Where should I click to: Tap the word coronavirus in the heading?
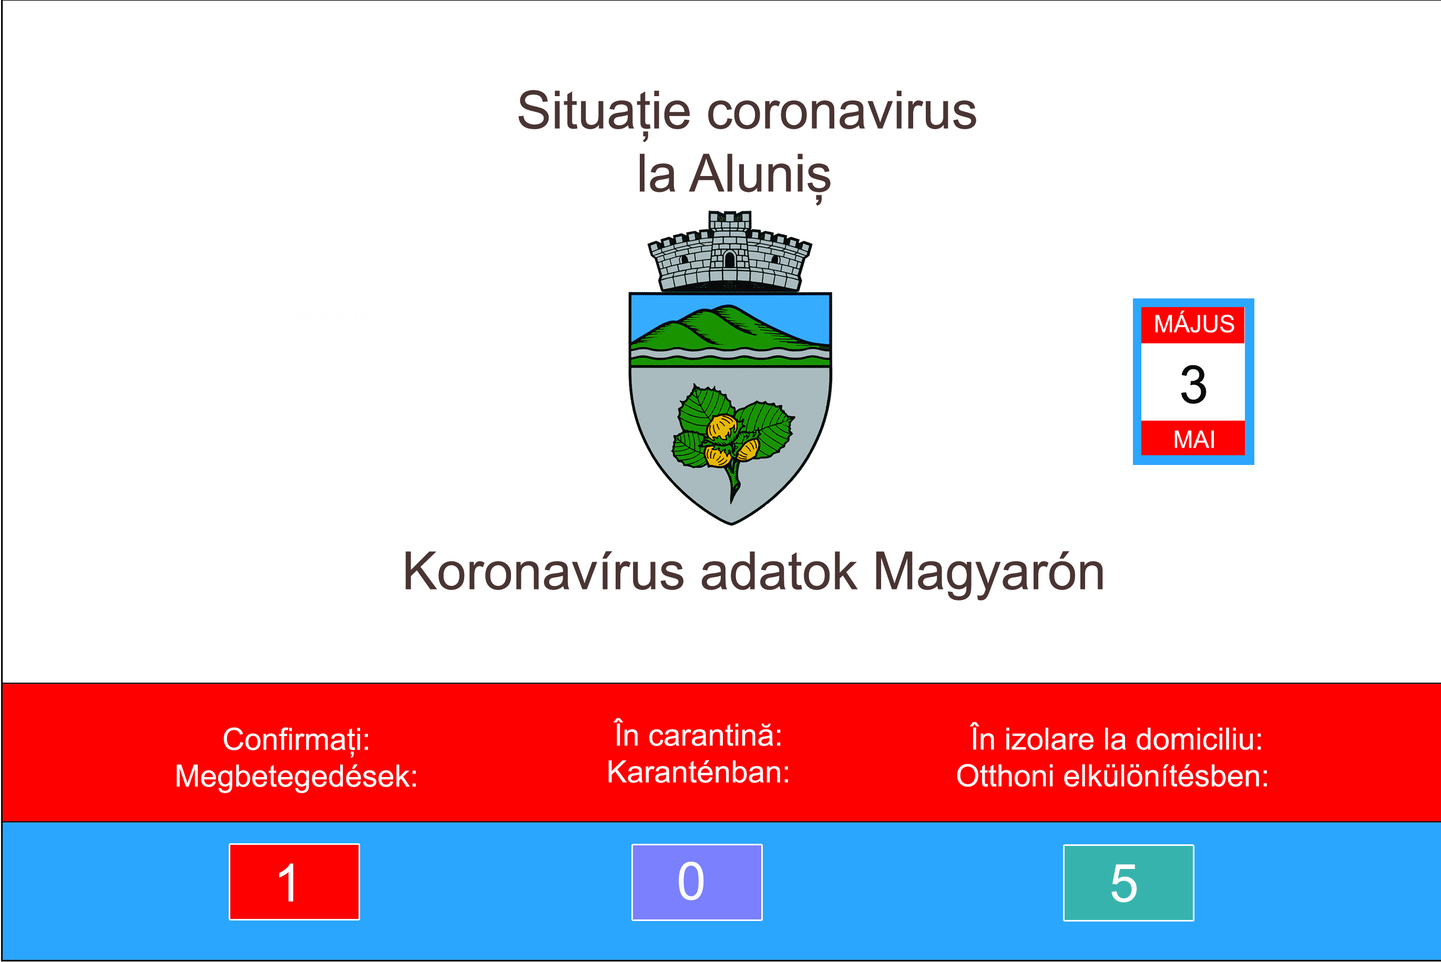pos(842,112)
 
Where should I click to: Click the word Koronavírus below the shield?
pos(543,571)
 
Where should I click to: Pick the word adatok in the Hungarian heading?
pos(778,571)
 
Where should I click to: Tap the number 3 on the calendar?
pos(1194,385)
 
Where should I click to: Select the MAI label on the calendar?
pos(1194,439)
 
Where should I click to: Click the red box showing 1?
pos(294,882)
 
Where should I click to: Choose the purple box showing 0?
pos(697,882)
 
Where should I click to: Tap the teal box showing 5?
pos(1129,883)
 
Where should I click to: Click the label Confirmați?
pos(297,740)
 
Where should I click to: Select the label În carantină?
pos(698,735)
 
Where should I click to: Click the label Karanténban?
pos(698,772)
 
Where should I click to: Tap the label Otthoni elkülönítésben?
pos(1112,776)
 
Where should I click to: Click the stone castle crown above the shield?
pos(730,251)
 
